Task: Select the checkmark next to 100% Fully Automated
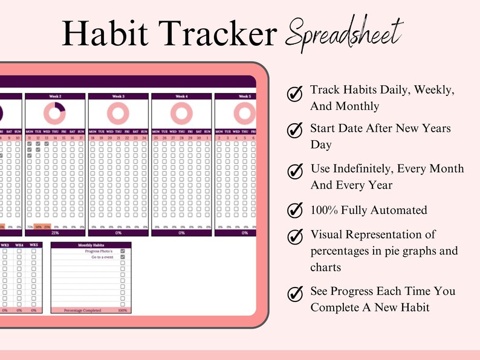point(294,210)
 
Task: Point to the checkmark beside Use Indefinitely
point(294,172)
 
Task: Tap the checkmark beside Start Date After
point(294,130)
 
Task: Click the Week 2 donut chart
point(54,113)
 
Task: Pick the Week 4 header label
point(181,96)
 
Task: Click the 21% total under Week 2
point(54,233)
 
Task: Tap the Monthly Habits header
point(90,245)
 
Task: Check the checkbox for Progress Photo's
point(123,251)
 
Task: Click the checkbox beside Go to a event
point(123,257)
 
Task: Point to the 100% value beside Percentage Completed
point(122,310)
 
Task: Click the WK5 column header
point(34,245)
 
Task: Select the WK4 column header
point(19,245)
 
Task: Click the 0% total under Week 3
point(118,233)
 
